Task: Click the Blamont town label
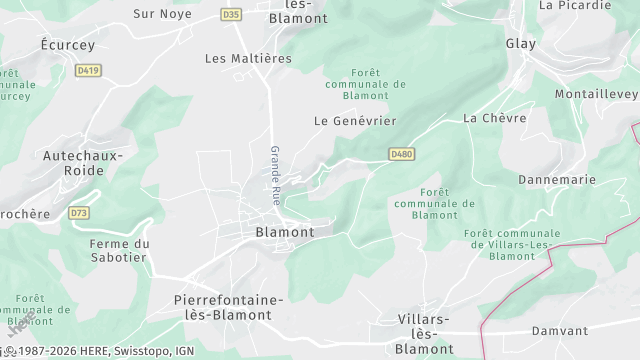[285, 232]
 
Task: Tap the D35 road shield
[232, 14]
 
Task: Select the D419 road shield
[88, 70]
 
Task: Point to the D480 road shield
[402, 154]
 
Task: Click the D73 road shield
[79, 213]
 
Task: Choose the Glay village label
[521, 44]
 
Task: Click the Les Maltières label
[248, 59]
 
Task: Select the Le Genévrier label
[355, 121]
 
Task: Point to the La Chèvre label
[487, 118]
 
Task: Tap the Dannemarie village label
[557, 180]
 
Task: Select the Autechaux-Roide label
[82, 163]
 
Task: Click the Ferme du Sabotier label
[118, 250]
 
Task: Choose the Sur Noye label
[163, 14]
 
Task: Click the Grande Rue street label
[275, 176]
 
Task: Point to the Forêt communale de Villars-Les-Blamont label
[513, 245]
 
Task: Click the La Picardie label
[574, 5]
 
